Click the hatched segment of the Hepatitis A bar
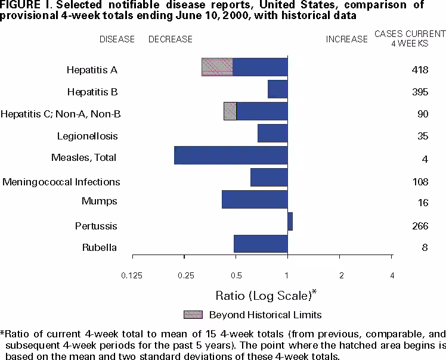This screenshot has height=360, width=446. pyautogui.click(x=217, y=67)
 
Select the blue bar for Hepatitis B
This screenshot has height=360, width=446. pyautogui.click(x=278, y=89)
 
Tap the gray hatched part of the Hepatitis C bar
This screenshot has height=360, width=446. pyautogui.click(x=230, y=111)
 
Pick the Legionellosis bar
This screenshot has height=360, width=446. pyautogui.click(x=272, y=134)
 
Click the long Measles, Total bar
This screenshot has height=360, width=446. pyautogui.click(x=231, y=155)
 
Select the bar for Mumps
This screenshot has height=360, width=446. pyautogui.click(x=255, y=199)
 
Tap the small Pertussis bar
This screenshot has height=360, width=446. pyautogui.click(x=290, y=221)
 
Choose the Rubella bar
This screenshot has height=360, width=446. pyautogui.click(x=261, y=244)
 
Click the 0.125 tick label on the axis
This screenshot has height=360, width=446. pyautogui.click(x=132, y=275)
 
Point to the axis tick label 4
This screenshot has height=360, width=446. pyautogui.click(x=391, y=275)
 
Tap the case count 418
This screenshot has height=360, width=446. pyautogui.click(x=420, y=70)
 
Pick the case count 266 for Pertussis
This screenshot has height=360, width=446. pyautogui.click(x=420, y=226)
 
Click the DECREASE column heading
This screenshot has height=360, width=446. pyautogui.click(x=170, y=39)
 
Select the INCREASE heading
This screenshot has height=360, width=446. pyautogui.click(x=346, y=39)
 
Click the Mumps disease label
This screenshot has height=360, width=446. pyautogui.click(x=100, y=201)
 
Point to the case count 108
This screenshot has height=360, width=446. pyautogui.click(x=420, y=182)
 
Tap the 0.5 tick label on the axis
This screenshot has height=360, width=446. pyautogui.click(x=236, y=275)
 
